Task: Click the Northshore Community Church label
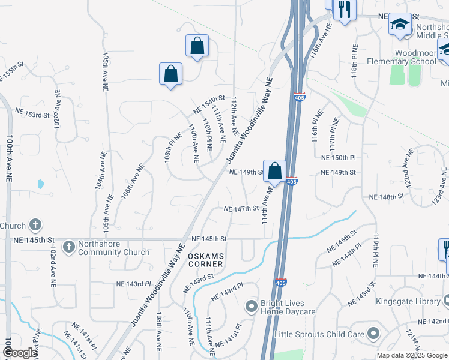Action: (x=114, y=248)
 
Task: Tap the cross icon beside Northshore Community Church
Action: (x=69, y=247)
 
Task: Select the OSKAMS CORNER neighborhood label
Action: (x=206, y=260)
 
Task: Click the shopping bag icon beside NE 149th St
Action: (x=274, y=170)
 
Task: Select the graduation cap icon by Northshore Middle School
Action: (x=399, y=24)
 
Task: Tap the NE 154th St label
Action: (x=208, y=103)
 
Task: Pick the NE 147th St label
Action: (x=241, y=209)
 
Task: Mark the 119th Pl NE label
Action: (x=375, y=251)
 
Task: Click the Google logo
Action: (x=20, y=353)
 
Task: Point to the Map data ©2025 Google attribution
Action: (x=411, y=355)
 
